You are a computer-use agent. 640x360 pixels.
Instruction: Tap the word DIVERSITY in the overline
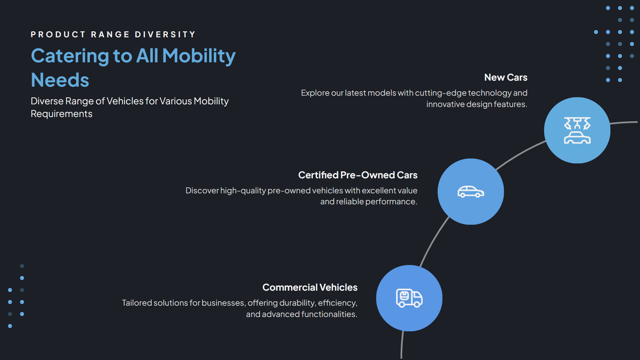pyautogui.click(x=165, y=35)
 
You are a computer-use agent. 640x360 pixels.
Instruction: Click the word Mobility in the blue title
pyautogui.click(x=199, y=56)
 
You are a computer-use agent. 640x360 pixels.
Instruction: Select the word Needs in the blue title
pyautogui.click(x=60, y=80)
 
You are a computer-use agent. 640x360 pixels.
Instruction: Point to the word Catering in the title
pyautogui.click(x=70, y=56)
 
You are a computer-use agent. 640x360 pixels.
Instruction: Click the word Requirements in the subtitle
pyautogui.click(x=61, y=114)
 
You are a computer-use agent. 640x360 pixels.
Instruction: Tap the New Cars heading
pyautogui.click(x=506, y=77)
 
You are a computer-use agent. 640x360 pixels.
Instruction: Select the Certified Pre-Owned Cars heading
pyautogui.click(x=358, y=175)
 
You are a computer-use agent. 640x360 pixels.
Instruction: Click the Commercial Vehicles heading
pyautogui.click(x=310, y=287)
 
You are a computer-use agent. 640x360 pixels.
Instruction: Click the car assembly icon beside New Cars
pyautogui.click(x=577, y=130)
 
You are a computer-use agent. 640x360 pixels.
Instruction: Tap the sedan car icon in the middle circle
pyautogui.click(x=471, y=192)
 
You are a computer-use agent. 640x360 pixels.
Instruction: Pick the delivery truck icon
pyautogui.click(x=409, y=298)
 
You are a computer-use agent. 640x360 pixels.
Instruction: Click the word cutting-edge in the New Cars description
pyautogui.click(x=441, y=93)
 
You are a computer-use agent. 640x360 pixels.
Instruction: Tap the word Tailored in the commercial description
pyautogui.click(x=137, y=303)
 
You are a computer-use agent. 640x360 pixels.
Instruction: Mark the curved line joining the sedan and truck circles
pyautogui.click(x=433, y=242)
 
